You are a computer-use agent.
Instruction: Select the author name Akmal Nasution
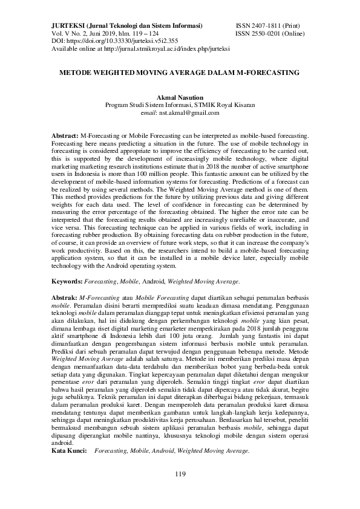pyautogui.click(x=180, y=97)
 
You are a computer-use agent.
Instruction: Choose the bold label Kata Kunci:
pyautogui.click(x=69, y=450)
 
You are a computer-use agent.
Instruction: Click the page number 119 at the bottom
pyautogui.click(x=180, y=473)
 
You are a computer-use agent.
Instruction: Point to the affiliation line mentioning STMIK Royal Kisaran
pyautogui.click(x=180, y=105)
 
